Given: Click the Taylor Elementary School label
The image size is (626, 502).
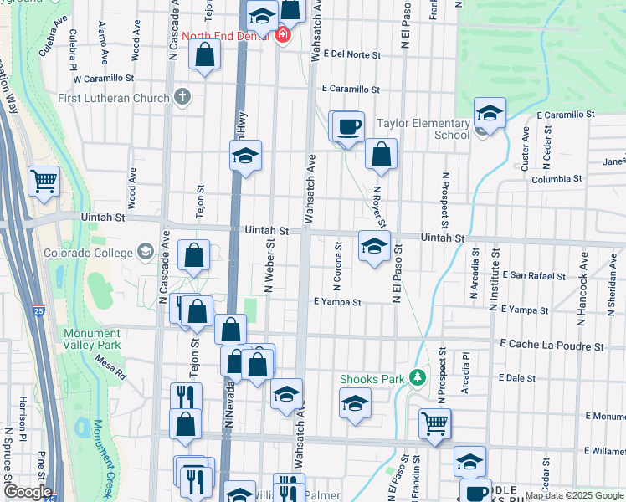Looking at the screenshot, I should pyautogui.click(x=423, y=128).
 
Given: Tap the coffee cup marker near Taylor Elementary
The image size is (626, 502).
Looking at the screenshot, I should pyautogui.click(x=349, y=127).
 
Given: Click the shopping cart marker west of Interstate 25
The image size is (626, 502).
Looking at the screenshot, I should pyautogui.click(x=43, y=180).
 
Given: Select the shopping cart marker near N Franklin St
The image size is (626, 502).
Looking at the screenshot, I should pyautogui.click(x=434, y=423).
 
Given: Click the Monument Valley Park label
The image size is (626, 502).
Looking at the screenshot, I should pyautogui.click(x=91, y=339).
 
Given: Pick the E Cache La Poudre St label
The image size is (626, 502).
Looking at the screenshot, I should pyautogui.click(x=552, y=345).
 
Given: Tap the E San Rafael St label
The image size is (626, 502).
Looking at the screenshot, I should pyautogui.click(x=534, y=275).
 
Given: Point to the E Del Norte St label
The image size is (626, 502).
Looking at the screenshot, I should pyautogui.click(x=351, y=55).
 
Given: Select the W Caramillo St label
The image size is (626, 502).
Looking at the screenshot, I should pyautogui.click(x=104, y=78).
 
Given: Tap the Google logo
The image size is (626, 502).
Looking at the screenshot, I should pyautogui.click(x=28, y=492).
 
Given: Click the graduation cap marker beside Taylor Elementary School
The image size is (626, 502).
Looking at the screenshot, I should pyautogui.click(x=490, y=113).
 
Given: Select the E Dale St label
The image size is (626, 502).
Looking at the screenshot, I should pyautogui.click(x=516, y=378).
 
